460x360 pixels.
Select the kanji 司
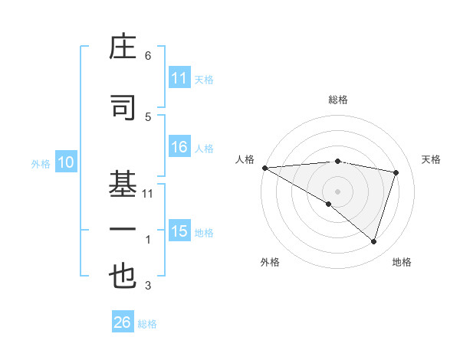click(123, 109)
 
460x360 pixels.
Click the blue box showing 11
click(179, 78)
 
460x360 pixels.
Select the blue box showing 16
click(179, 148)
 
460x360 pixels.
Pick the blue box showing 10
click(65, 162)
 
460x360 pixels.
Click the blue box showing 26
click(123, 322)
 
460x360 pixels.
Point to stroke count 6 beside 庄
click(148, 55)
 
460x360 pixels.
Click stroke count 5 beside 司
click(148, 116)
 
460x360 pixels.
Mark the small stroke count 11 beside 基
click(148, 194)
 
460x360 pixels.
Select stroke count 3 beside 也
click(148, 286)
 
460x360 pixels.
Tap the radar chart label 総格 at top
click(337, 100)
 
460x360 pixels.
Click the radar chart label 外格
click(270, 262)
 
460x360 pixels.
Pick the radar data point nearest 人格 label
click(264, 168)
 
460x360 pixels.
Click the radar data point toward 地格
click(373, 241)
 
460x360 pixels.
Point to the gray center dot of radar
click(337, 190)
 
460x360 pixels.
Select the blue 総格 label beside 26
click(147, 324)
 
